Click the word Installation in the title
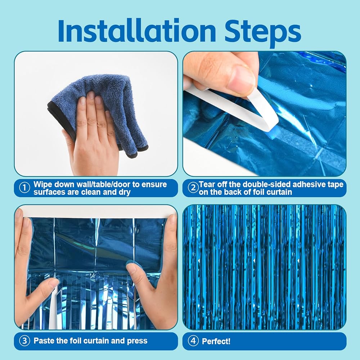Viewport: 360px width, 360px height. tap(137, 31)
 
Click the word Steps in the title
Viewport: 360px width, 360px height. tap(263, 33)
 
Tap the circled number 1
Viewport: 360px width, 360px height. tap(24, 188)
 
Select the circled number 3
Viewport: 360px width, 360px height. tap(24, 341)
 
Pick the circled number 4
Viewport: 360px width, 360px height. tap(193, 341)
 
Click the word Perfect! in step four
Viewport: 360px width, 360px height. tap(216, 341)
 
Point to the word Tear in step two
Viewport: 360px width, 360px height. tap(208, 184)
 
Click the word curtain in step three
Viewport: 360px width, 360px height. tap(95, 341)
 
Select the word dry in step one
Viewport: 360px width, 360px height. tap(125, 192)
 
